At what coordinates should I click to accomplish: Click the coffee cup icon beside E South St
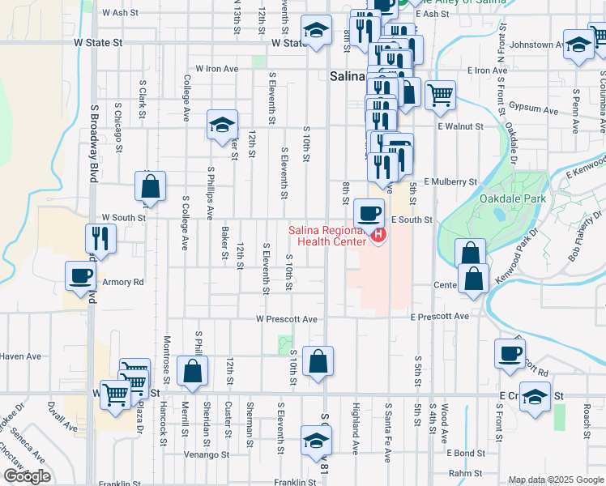pos(369,214)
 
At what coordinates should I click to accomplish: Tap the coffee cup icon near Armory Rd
pos(81,275)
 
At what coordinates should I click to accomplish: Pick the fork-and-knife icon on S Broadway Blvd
pos(100,237)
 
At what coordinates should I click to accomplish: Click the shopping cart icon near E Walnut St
pos(439,94)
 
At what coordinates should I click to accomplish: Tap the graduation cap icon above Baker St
pos(221,125)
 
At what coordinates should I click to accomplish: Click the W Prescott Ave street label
pos(288,319)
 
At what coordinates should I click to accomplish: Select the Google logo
pos(27,476)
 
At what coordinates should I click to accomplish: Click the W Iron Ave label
pos(217,69)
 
